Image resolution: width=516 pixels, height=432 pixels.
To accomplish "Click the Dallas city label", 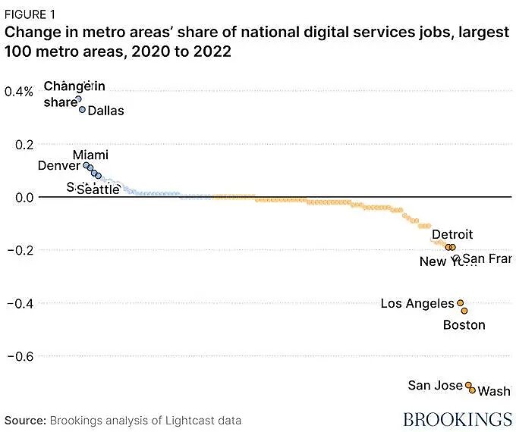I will click(105, 111).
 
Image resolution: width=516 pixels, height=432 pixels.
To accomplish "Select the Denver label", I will click(59, 165).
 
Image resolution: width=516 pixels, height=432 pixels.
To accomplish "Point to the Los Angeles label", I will click(417, 304).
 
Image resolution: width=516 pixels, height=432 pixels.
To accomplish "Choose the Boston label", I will click(464, 325).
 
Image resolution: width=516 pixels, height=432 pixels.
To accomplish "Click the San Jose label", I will click(435, 386).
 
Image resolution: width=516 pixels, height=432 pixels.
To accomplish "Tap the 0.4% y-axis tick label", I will click(19, 92).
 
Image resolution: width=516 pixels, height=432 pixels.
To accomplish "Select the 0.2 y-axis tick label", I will click(24, 144).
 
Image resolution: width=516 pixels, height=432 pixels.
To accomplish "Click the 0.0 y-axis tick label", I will click(24, 197).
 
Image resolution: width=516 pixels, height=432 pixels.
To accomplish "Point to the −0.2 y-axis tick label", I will click(21, 250).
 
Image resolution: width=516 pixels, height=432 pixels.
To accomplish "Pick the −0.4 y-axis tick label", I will click(21, 303).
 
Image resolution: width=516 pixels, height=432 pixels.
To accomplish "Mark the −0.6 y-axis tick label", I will click(21, 356).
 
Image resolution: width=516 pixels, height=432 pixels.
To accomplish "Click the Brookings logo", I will click(457, 419).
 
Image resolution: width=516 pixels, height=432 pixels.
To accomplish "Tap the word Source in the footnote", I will click(26, 420).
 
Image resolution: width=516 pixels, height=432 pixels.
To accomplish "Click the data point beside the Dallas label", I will click(82, 109).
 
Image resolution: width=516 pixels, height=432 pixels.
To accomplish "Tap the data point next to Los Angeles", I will click(460, 302).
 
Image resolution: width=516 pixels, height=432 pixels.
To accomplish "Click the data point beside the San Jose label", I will click(468, 385).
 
